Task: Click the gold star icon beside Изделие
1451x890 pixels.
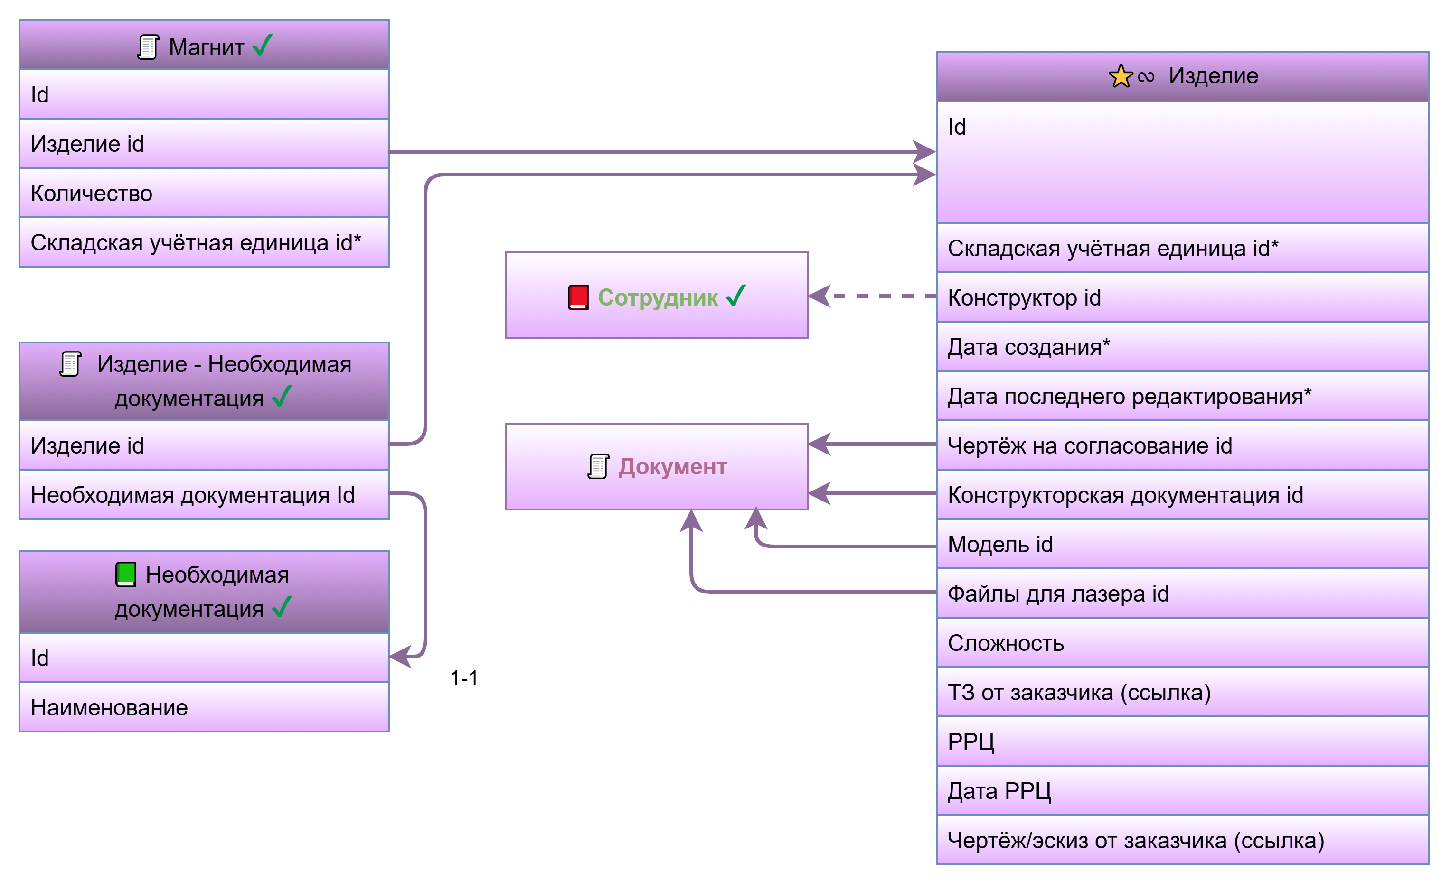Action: [x=1120, y=76]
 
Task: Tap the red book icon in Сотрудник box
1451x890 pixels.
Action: [x=578, y=297]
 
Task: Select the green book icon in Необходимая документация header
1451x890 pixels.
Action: [x=125, y=575]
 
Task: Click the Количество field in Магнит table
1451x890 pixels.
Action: [x=204, y=193]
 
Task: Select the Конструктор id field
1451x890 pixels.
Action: [x=1182, y=298]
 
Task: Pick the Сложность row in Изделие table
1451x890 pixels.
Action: [x=1182, y=643]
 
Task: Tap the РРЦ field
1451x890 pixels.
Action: [x=1182, y=742]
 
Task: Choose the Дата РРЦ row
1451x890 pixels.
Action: [x=1182, y=791]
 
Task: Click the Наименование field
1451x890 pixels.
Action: [x=204, y=707]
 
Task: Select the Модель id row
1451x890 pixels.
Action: [x=1182, y=545]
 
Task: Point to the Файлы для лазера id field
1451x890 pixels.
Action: [x=1182, y=594]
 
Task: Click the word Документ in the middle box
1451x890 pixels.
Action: [x=673, y=467]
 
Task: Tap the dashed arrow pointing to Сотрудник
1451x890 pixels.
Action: [x=872, y=296]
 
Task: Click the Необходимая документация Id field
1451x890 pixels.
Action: [x=204, y=495]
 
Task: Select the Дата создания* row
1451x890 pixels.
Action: [x=1182, y=347]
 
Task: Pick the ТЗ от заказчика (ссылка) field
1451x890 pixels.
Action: [x=1182, y=692]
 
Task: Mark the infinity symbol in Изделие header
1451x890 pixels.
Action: [x=1146, y=77]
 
